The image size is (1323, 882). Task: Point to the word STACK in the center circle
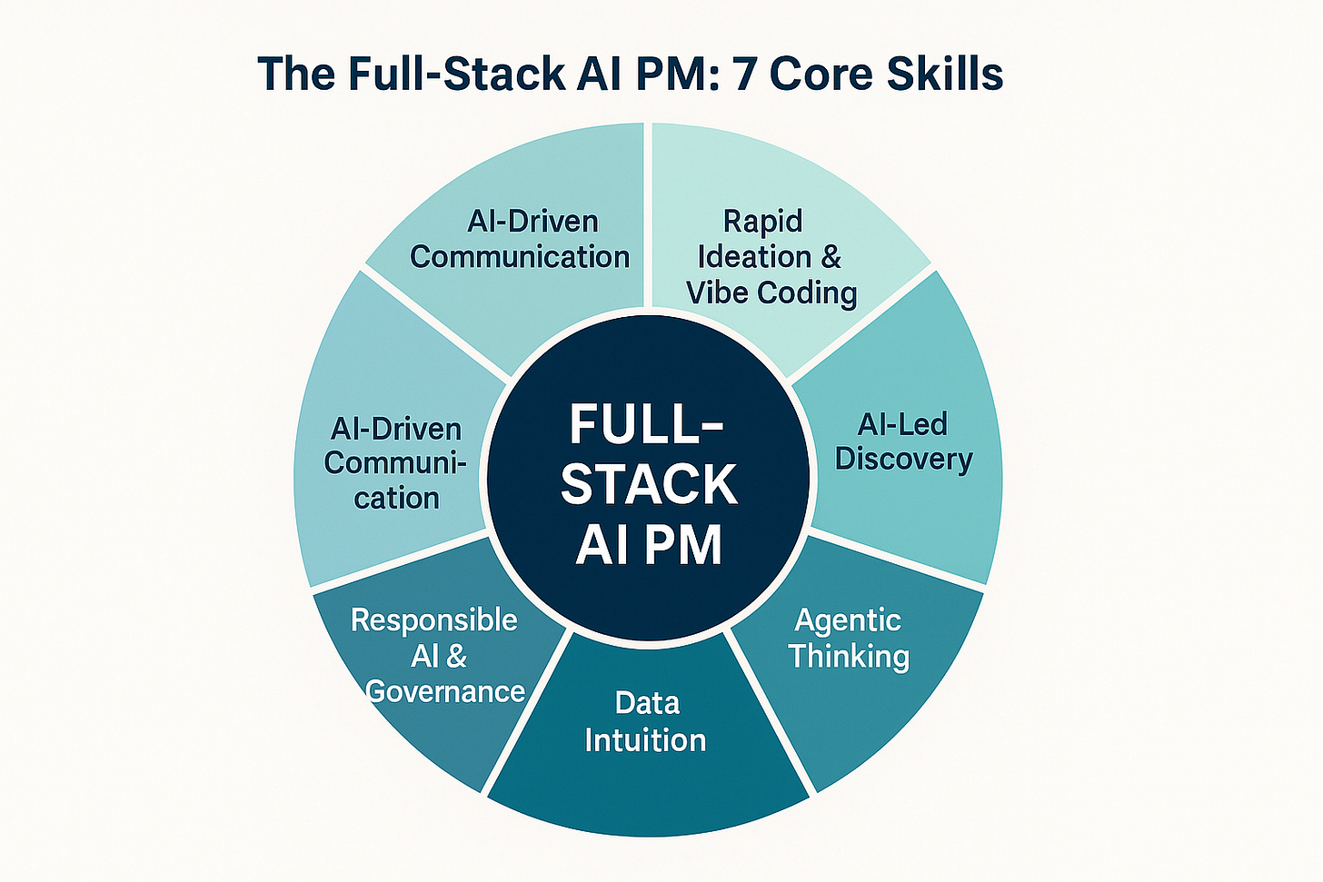point(648,485)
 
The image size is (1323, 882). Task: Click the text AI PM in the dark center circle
point(648,545)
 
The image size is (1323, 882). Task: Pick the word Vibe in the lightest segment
point(717,292)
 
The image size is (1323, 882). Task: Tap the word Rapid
point(762,221)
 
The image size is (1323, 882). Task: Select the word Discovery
point(903,459)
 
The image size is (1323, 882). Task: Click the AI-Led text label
point(903,423)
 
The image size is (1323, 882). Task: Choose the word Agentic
point(848,620)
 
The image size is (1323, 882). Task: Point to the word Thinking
point(848,656)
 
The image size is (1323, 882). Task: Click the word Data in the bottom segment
point(647,702)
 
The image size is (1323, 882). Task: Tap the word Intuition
point(645,739)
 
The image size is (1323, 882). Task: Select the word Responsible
point(434,620)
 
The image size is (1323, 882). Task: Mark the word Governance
point(445,691)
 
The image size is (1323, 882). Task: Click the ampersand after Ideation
point(831,257)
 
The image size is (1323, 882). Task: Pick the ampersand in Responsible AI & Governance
point(456,656)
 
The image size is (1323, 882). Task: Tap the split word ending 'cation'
point(397,498)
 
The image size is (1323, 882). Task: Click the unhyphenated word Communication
point(520,257)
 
